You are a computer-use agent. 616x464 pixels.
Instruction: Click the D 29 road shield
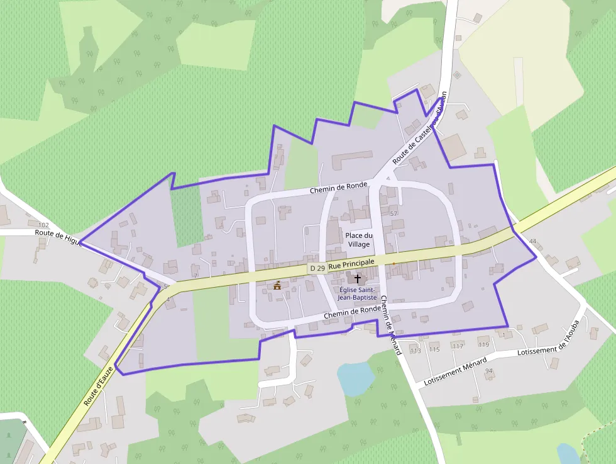(x=317, y=269)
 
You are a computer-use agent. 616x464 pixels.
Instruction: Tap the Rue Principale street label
(x=351, y=264)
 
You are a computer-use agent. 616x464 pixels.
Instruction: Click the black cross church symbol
(x=358, y=278)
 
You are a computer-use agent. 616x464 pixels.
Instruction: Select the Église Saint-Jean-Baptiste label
(x=358, y=293)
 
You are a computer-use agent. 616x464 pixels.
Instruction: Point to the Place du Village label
(x=358, y=239)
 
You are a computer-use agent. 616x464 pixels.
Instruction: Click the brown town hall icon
(x=277, y=285)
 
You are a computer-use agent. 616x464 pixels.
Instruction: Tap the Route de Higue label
(x=58, y=234)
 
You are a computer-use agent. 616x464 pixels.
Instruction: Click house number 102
(x=43, y=225)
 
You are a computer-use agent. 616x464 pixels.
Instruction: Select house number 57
(x=394, y=214)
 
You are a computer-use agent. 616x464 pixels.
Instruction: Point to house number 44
(x=533, y=242)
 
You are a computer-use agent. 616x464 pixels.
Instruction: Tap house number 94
(x=489, y=371)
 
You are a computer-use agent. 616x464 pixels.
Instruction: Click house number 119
(x=483, y=345)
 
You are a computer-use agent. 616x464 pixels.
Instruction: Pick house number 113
(x=415, y=351)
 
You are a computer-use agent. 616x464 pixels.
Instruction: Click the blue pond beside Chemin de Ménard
(x=356, y=378)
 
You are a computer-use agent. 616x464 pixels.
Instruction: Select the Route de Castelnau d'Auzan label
(x=419, y=135)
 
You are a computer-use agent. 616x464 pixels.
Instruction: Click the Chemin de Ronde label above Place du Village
(x=338, y=188)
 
